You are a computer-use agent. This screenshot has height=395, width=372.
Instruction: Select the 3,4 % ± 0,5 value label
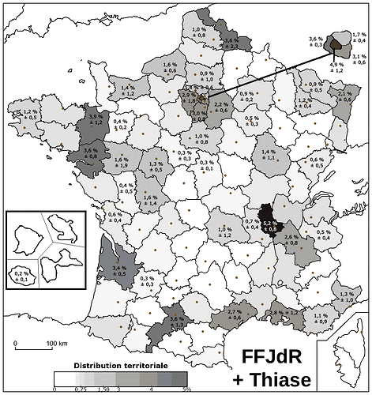point(119,273)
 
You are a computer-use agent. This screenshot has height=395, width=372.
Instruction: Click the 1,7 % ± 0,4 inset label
point(359,38)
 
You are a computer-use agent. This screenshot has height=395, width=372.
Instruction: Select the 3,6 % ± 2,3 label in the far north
point(231,43)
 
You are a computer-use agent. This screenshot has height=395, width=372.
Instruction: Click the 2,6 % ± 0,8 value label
point(291,240)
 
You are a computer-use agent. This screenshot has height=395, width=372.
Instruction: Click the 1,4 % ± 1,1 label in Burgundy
point(269,155)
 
